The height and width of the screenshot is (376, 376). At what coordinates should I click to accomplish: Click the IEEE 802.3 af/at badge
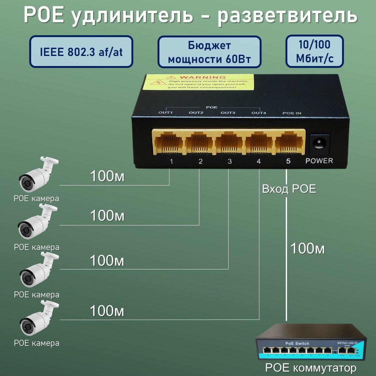81,52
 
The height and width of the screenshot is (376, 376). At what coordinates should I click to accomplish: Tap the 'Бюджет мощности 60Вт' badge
209,52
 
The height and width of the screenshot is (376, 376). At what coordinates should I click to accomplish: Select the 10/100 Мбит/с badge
314,51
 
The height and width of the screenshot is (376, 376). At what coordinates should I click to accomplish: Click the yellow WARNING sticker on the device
198,82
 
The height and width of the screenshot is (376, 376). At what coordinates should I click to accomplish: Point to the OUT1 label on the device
166,113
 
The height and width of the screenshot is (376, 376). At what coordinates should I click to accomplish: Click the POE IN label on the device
291,113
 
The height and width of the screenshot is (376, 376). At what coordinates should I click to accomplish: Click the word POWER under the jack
319,161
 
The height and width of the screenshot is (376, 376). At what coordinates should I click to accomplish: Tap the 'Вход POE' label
289,189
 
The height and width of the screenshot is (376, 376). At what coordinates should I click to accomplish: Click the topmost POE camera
38,175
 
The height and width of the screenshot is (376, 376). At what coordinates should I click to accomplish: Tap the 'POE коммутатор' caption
311,368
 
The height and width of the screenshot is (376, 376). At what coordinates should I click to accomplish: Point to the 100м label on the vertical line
307,249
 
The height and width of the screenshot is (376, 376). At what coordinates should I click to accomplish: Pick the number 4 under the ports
259,161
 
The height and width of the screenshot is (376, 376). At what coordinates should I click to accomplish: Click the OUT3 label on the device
228,113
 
